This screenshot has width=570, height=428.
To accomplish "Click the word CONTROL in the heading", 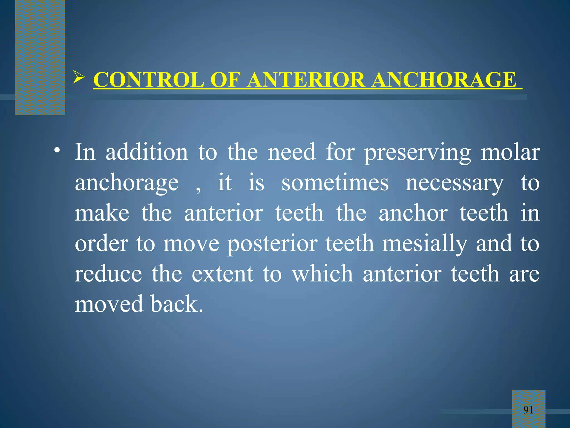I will tap(149, 80).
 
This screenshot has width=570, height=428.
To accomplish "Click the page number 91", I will tap(528, 410).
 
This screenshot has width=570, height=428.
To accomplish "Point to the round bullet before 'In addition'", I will tap(57, 151).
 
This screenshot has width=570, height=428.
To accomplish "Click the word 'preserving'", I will tap(417, 153).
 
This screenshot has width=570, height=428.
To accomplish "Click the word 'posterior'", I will tap(272, 244).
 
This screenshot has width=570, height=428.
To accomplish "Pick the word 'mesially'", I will tap(424, 244).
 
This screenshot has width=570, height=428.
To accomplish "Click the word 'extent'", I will tap(222, 274).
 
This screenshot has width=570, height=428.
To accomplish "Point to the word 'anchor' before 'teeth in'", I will tap(413, 213).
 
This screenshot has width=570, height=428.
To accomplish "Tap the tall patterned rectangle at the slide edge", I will tap(40, 57).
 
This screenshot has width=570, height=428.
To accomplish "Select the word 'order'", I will tap(101, 244).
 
